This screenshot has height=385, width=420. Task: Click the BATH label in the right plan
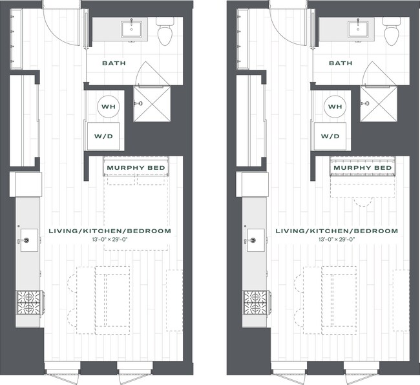coord(340,64)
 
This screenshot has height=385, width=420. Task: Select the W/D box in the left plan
coord(104,136)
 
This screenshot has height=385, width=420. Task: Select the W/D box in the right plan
coord(331,136)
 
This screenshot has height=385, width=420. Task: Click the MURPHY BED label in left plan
coord(136,169)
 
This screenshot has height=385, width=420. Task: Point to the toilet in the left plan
coord(164,32)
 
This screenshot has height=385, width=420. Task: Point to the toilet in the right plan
coord(391,32)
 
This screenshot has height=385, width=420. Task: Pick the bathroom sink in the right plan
coord(355,28)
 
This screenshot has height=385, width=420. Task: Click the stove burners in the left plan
coord(28,301)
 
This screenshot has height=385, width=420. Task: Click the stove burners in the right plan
coord(255,301)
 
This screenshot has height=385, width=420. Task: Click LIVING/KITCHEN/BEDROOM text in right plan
coord(337,231)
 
